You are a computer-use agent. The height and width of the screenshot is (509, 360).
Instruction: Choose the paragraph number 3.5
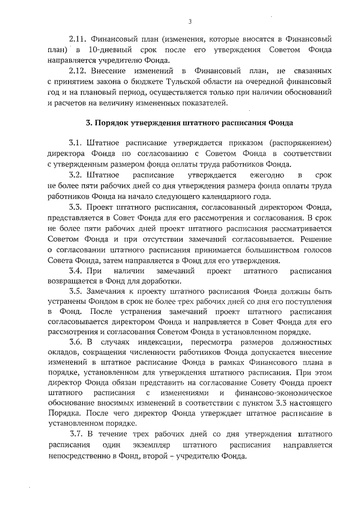pos(78,292)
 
